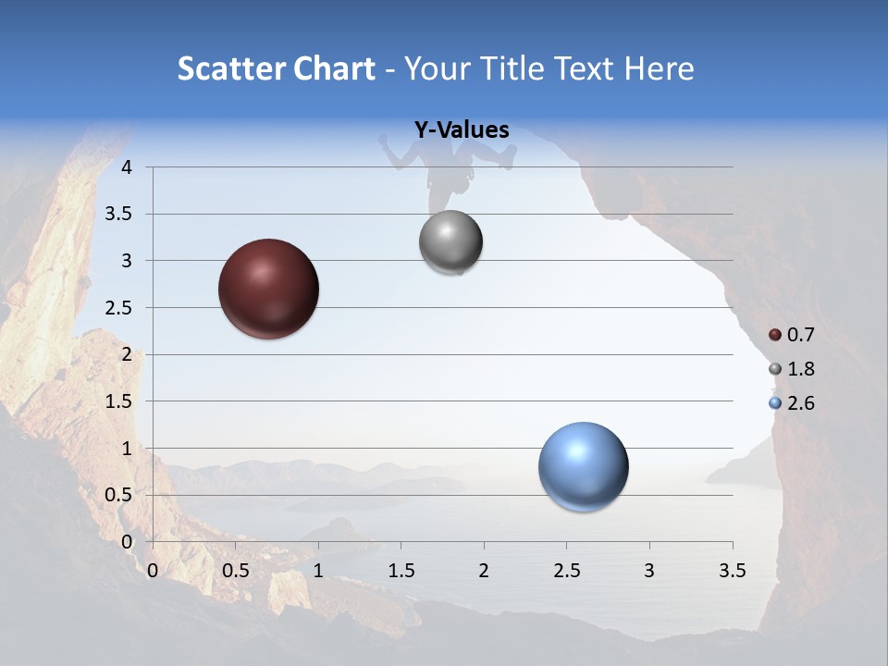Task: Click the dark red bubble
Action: pos(268,289)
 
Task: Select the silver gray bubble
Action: pos(450,242)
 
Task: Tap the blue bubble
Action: pos(583,466)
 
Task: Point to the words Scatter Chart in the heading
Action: pos(277,68)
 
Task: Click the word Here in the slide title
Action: pos(659,68)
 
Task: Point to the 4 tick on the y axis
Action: pos(128,167)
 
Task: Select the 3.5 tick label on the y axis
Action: pos(119,214)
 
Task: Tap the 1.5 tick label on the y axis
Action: pos(119,401)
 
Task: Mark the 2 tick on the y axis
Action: pos(128,354)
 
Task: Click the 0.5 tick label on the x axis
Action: pos(236,571)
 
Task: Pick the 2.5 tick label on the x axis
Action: pos(567,571)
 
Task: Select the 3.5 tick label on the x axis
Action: pos(732,571)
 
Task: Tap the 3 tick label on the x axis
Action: pos(649,571)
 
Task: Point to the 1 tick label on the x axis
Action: pos(318,571)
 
